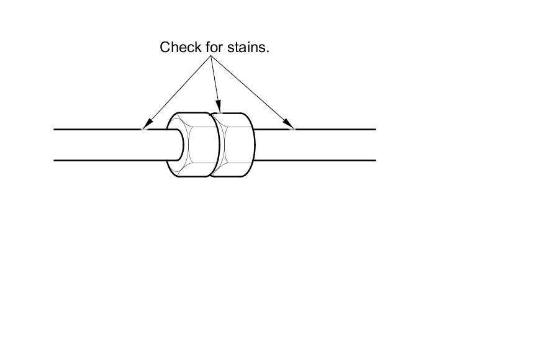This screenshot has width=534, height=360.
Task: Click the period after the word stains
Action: click(x=268, y=51)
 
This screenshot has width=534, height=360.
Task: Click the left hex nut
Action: click(x=192, y=145)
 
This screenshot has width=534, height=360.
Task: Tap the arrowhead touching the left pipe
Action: click(x=147, y=125)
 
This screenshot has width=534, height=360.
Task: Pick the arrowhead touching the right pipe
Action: click(x=289, y=125)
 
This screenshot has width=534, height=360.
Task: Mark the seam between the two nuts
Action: click(x=212, y=145)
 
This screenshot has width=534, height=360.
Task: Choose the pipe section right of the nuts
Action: click(x=317, y=145)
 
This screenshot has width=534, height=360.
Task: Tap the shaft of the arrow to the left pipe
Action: click(x=180, y=91)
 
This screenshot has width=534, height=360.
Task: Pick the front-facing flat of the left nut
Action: click(x=200, y=145)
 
